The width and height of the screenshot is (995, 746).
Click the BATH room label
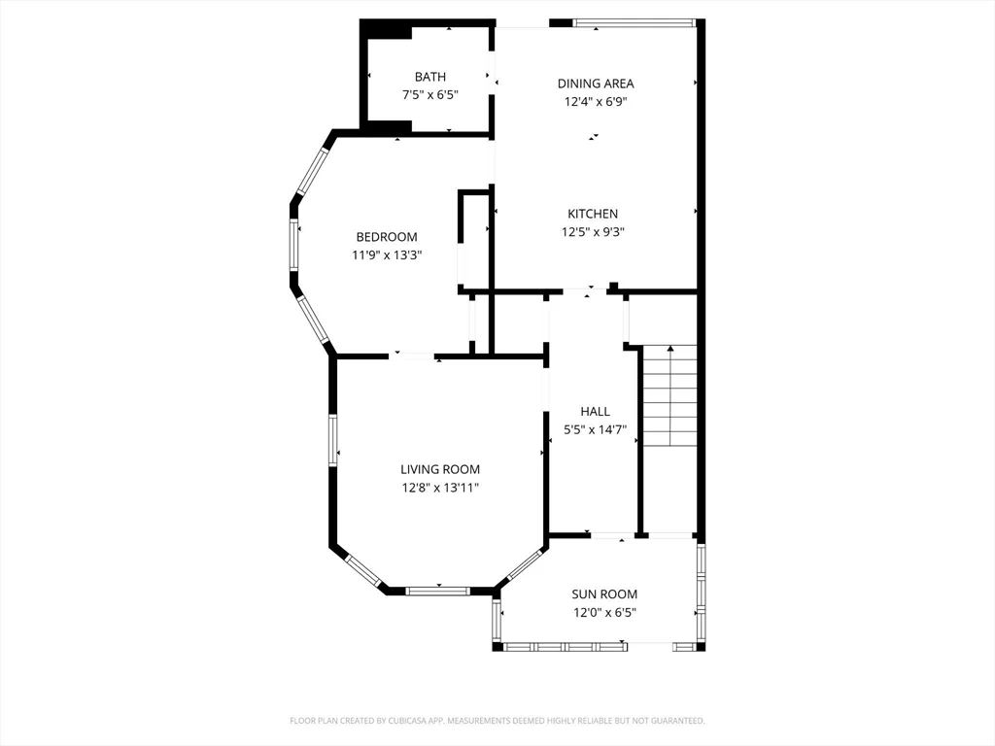click(430, 77)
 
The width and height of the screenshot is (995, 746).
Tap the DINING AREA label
click(596, 84)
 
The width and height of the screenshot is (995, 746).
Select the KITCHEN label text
click(593, 214)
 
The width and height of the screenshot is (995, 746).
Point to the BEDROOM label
click(387, 237)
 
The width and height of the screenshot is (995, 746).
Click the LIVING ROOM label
click(440, 469)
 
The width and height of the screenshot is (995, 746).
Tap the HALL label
click(596, 412)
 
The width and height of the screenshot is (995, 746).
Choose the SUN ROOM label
click(604, 594)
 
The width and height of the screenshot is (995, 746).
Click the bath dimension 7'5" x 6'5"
click(430, 95)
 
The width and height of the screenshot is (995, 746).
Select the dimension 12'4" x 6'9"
click(596, 101)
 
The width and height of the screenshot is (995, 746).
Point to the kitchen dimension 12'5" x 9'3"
click(593, 232)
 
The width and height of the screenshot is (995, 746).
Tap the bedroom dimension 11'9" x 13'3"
click(387, 255)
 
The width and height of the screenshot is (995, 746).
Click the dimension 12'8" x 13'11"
click(440, 488)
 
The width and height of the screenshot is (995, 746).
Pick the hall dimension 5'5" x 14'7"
click(596, 430)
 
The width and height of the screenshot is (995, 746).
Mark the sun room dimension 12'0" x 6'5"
click(604, 613)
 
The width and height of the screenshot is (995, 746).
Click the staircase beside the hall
click(670, 396)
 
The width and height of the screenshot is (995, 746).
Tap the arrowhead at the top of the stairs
click(670, 349)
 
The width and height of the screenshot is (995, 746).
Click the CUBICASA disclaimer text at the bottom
click(497, 721)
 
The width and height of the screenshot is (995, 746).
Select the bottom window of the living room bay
click(438, 592)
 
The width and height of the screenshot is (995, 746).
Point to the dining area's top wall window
click(635, 23)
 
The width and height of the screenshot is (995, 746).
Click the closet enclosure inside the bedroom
click(473, 241)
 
